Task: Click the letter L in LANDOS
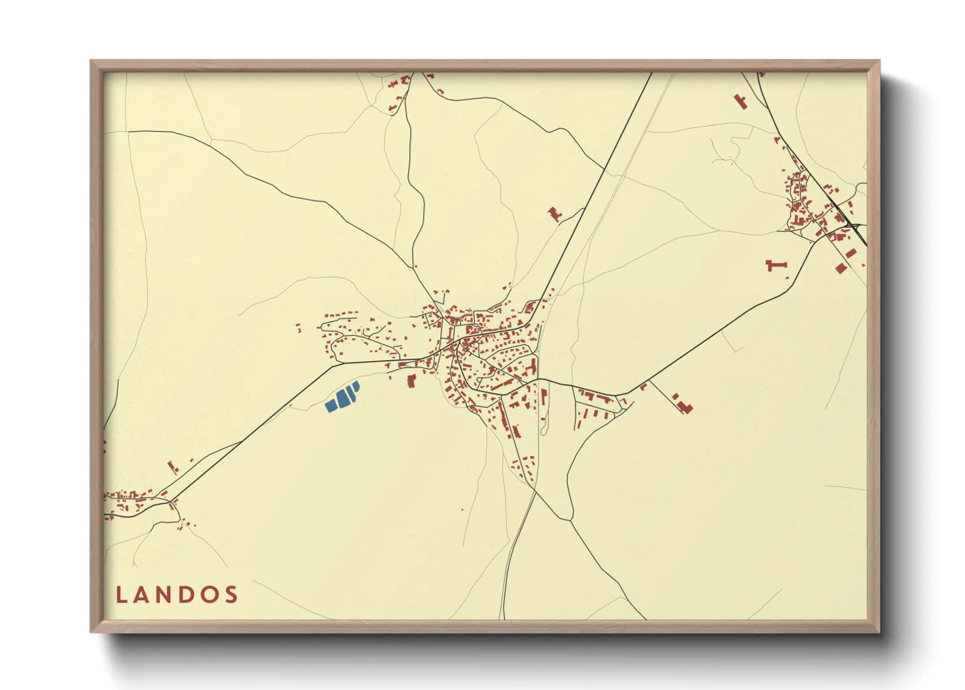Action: click(x=121, y=595)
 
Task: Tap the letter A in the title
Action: click(x=143, y=595)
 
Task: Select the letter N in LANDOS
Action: click(x=167, y=595)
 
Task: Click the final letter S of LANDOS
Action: click(x=231, y=595)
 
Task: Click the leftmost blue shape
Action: click(x=331, y=406)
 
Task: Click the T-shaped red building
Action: click(x=776, y=265)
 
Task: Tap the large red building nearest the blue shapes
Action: click(x=411, y=380)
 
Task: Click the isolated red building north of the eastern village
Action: click(x=740, y=101)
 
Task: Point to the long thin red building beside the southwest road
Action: click(x=173, y=467)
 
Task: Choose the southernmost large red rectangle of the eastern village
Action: click(x=840, y=268)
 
